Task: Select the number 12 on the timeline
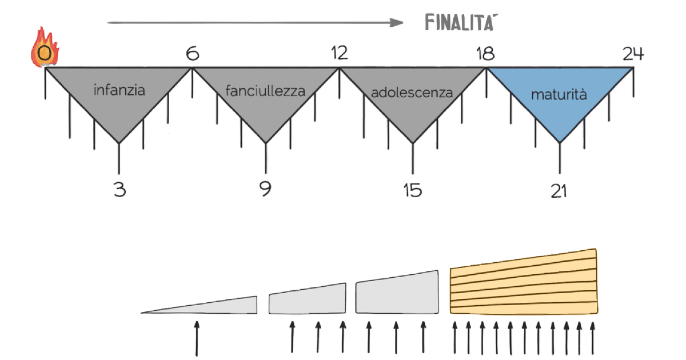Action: pyautogui.click(x=339, y=53)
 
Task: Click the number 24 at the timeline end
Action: pyautogui.click(x=633, y=54)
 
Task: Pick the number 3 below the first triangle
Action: pyautogui.click(x=119, y=189)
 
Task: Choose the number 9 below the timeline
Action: pyautogui.click(x=265, y=189)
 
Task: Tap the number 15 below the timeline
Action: pyautogui.click(x=412, y=190)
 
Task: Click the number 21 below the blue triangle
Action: pyautogui.click(x=559, y=191)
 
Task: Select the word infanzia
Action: pyautogui.click(x=119, y=90)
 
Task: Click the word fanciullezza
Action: pyautogui.click(x=265, y=90)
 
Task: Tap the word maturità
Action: pyautogui.click(x=559, y=95)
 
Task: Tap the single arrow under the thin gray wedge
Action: pyautogui.click(x=197, y=338)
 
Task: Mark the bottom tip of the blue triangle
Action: pyautogui.click(x=559, y=142)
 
